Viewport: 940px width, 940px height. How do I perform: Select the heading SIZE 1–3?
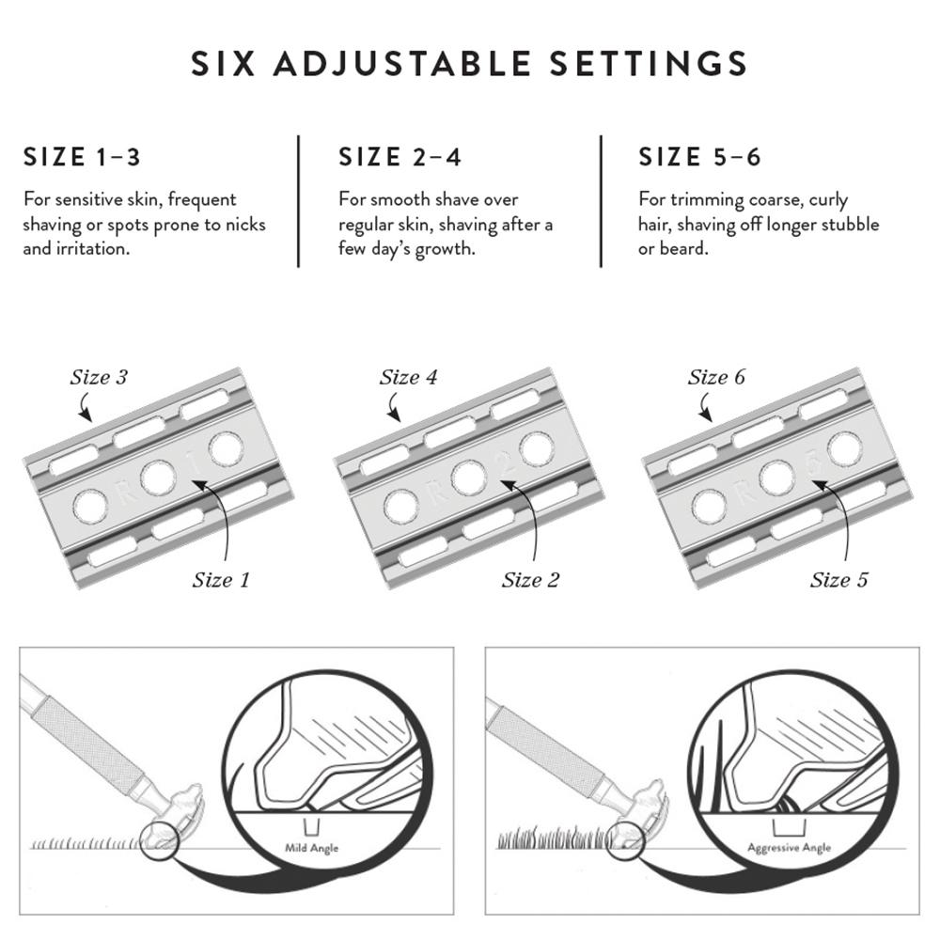(82, 157)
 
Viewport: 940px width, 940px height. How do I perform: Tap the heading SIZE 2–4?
(400, 157)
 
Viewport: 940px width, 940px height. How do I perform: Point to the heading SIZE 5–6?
(699, 157)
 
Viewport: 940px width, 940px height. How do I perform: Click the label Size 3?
(98, 378)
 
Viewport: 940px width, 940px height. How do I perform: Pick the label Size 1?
(221, 579)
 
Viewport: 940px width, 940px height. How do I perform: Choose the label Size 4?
(408, 378)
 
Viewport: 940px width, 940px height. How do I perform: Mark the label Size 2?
(530, 579)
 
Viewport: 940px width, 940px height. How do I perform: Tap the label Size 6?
(716, 378)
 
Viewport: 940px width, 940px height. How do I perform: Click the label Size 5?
(839, 579)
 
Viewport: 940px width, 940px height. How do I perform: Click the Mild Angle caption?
(311, 849)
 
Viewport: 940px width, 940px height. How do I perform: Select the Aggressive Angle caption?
(789, 848)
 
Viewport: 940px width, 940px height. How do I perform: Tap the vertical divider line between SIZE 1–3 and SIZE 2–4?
(299, 201)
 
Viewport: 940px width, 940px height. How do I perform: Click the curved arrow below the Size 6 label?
(704, 408)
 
